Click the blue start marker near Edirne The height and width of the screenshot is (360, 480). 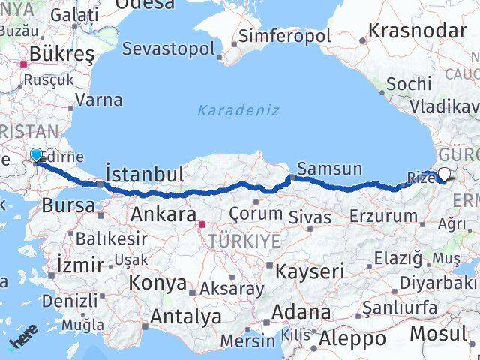pyautogui.click(x=36, y=156)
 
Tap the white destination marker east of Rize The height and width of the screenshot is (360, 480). pyautogui.click(x=445, y=175)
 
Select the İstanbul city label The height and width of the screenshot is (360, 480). pyautogui.click(x=145, y=175)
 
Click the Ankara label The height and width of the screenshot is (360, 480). pyautogui.click(x=163, y=215)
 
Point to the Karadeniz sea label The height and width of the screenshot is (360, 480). pyautogui.click(x=238, y=110)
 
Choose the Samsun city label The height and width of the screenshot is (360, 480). pyautogui.click(x=329, y=169)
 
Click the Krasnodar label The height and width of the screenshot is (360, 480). pyautogui.click(x=418, y=31)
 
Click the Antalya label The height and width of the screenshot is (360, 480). pyautogui.click(x=186, y=316)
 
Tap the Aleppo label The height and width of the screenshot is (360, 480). pyautogui.click(x=352, y=338)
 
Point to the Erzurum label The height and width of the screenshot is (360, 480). pyautogui.click(x=383, y=217)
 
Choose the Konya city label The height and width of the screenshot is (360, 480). pyautogui.click(x=157, y=283)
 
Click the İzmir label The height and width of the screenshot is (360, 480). pyautogui.click(x=80, y=264)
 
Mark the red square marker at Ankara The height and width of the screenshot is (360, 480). pyautogui.click(x=202, y=223)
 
